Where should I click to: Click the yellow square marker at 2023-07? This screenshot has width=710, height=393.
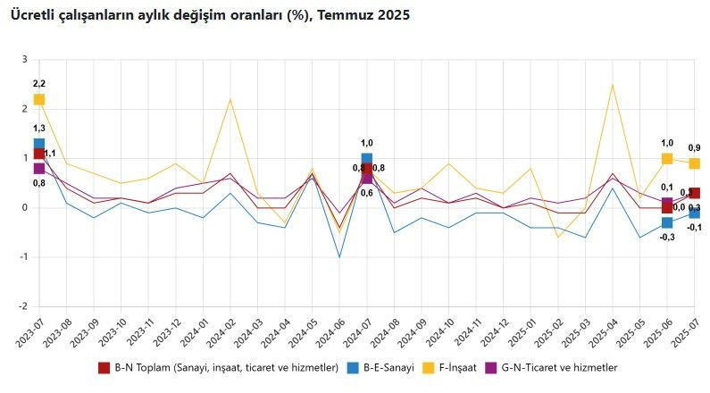pos(39,99)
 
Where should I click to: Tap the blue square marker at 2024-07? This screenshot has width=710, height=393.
pos(367,159)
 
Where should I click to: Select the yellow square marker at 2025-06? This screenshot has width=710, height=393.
pos(666,158)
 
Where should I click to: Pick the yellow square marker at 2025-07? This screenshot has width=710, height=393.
pos(694,163)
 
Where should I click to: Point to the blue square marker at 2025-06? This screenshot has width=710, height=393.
pos(666,222)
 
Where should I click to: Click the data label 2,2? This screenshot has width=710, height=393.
pos(39,83)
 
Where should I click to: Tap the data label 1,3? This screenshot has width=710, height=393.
pos(39,129)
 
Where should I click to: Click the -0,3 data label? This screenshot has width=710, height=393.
pos(666,237)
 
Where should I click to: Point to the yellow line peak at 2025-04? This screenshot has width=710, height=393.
pos(612,85)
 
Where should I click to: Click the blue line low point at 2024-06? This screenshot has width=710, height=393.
pos(339,257)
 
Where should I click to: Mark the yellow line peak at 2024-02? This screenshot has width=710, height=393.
pos(230,99)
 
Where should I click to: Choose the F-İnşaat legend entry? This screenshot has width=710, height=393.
pos(475,367)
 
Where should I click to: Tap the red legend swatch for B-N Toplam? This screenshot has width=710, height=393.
pos(104,367)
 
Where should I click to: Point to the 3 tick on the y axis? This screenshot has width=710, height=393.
pos(25,60)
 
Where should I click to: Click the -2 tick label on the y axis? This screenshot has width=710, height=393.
pos(23,306)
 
